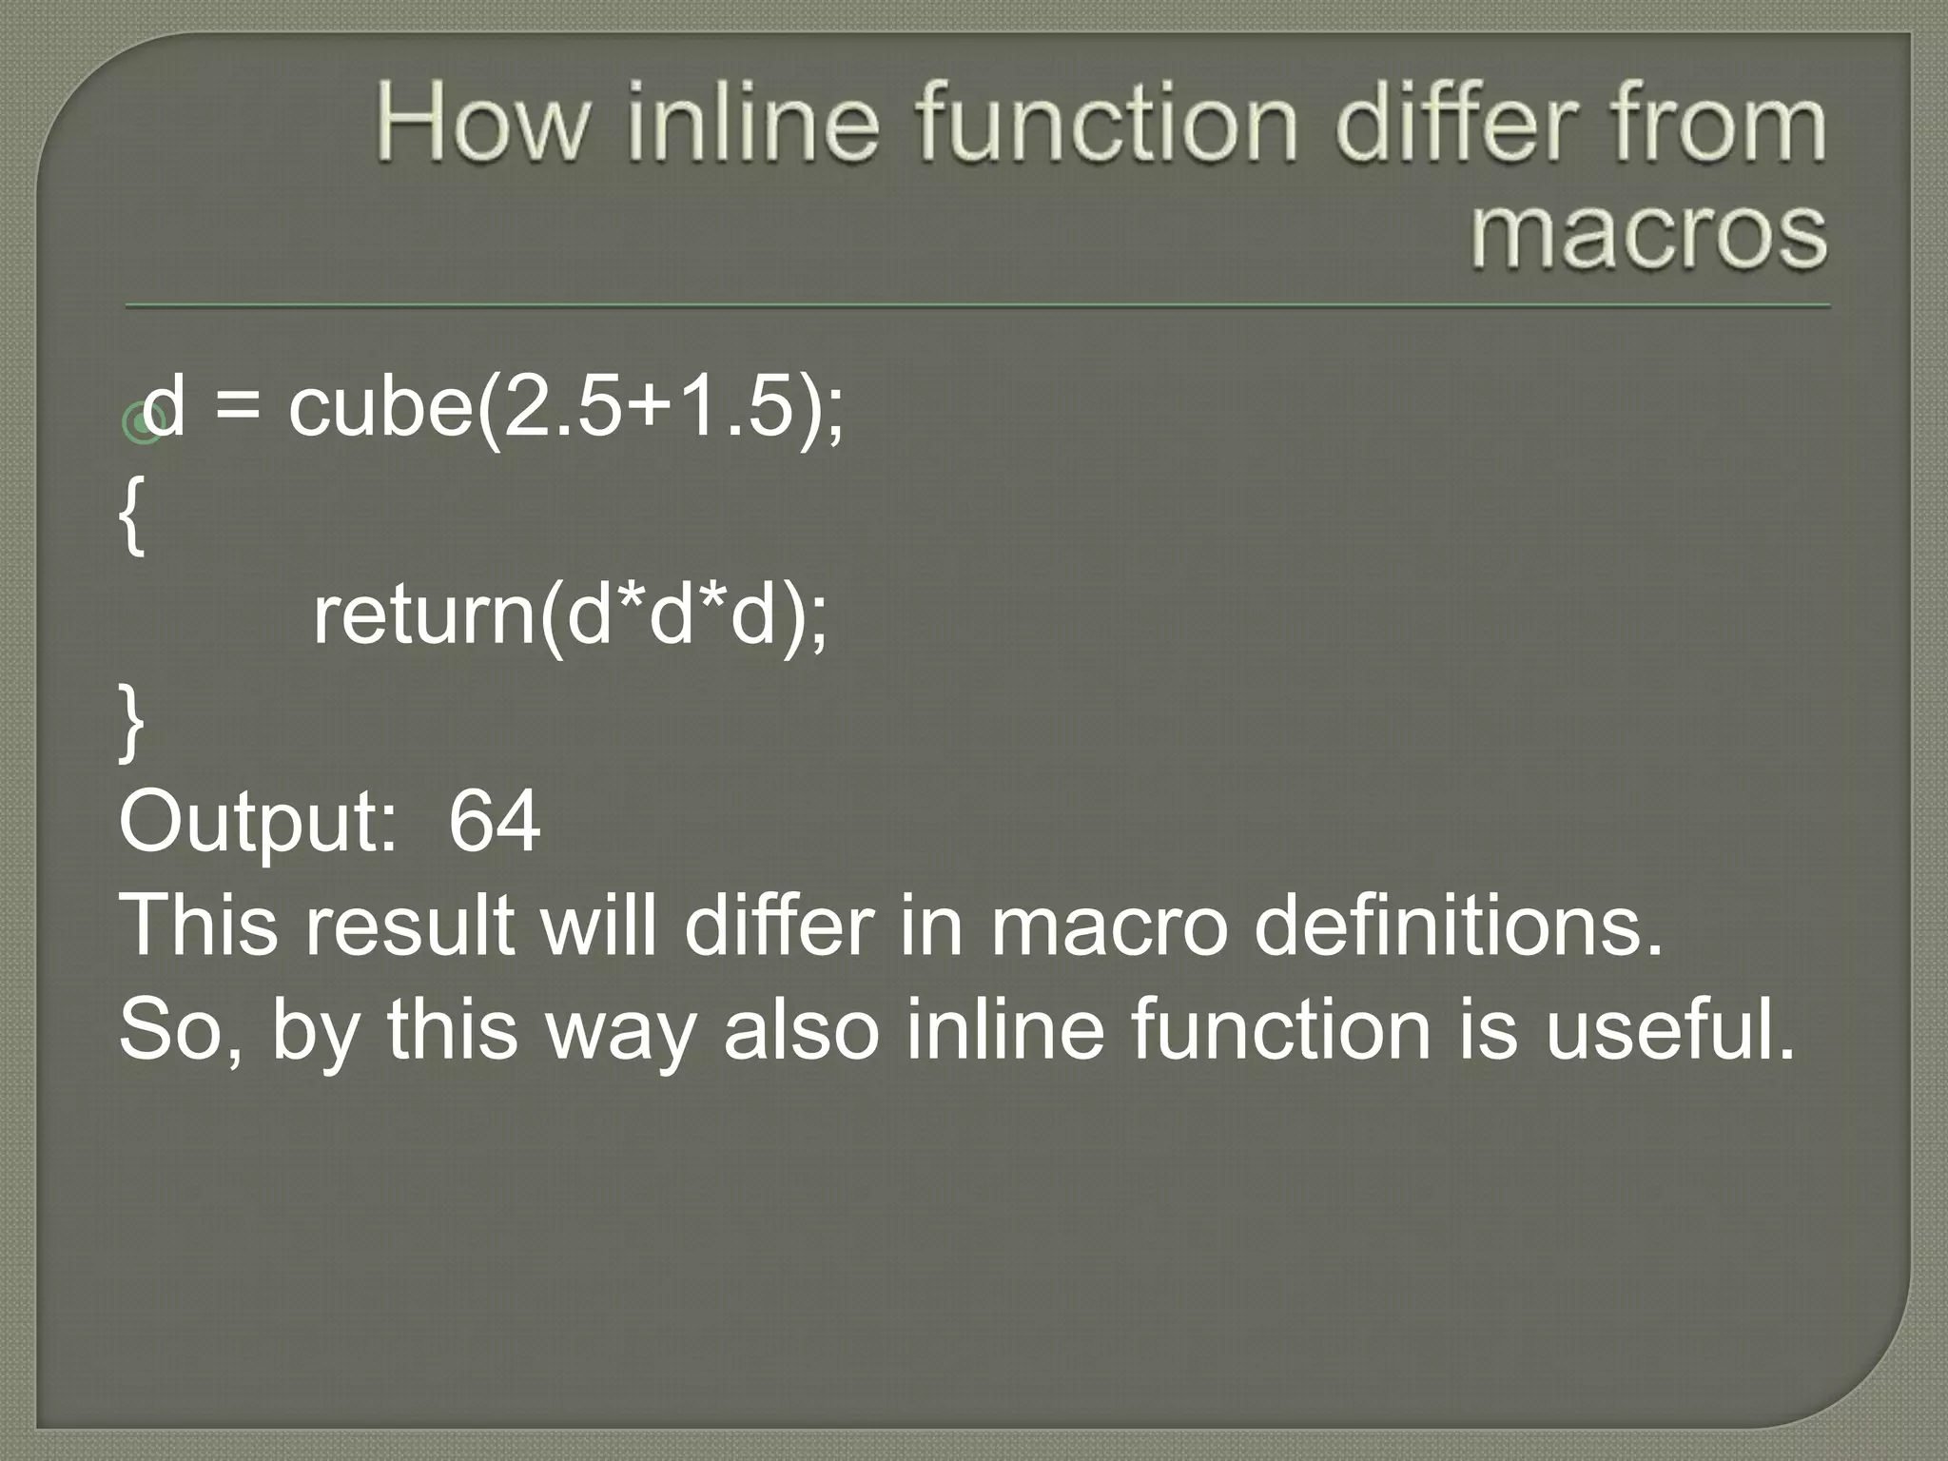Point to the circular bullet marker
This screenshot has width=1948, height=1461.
142,424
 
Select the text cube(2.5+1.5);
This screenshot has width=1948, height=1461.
566,409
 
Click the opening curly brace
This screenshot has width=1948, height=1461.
132,516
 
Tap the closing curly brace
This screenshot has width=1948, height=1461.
132,723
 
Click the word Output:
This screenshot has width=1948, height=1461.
258,823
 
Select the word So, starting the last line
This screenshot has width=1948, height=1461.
180,1032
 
